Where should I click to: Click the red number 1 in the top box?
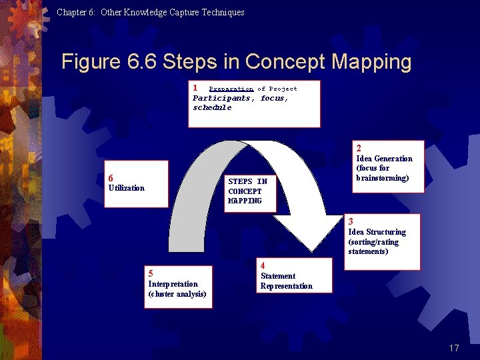click(195, 87)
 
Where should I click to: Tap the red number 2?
click(359, 148)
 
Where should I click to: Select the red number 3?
click(351, 221)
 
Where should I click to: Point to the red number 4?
click(263, 265)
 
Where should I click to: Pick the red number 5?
click(151, 273)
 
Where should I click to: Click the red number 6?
click(111, 178)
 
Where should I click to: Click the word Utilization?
click(126, 188)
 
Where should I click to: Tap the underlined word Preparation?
click(231, 89)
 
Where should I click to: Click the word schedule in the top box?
click(212, 107)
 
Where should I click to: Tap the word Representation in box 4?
click(286, 286)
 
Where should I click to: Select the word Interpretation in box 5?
click(173, 284)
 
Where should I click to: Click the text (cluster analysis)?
click(177, 294)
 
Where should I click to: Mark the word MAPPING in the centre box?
click(245, 201)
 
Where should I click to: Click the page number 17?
click(454, 348)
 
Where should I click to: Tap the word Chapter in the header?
click(70, 12)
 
